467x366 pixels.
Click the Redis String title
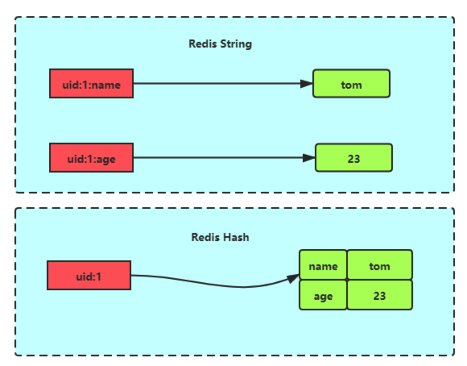point(220,44)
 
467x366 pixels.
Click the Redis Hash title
point(220,237)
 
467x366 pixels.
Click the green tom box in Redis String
point(351,84)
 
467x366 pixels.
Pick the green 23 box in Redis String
point(353,158)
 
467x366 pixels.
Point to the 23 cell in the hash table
point(379,295)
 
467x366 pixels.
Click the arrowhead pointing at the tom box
point(307,83)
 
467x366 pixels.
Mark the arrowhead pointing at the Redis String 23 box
point(309,158)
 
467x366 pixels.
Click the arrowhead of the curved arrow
point(293,279)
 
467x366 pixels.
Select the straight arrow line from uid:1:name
point(217,83)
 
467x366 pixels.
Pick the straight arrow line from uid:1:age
point(217,158)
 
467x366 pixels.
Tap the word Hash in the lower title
point(237,237)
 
